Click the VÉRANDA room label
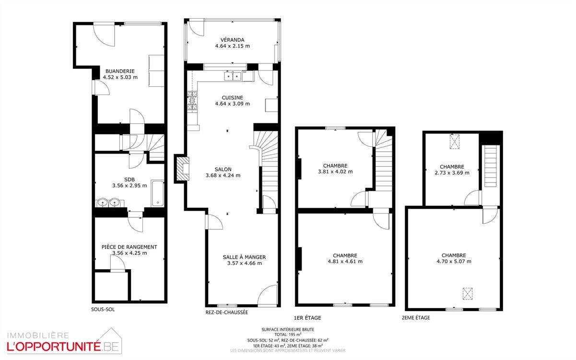click(x=232, y=40)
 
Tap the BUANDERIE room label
click(x=120, y=71)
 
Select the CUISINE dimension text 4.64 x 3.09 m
click(x=233, y=104)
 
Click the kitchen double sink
click(x=233, y=76)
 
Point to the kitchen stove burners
click(x=192, y=101)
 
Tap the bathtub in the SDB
click(x=157, y=193)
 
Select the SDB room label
click(x=129, y=180)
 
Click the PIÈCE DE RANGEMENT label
click(x=129, y=247)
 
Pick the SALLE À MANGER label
click(x=244, y=257)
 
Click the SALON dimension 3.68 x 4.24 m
click(x=223, y=176)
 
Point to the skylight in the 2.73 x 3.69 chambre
click(x=454, y=141)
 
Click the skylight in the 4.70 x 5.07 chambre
click(x=468, y=294)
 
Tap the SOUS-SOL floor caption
click(x=103, y=309)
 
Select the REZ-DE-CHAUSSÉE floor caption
click(x=227, y=312)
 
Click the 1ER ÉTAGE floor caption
click(x=307, y=318)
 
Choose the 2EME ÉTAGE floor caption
click(x=416, y=318)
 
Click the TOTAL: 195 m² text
click(x=288, y=335)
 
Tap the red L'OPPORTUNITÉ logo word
click(x=54, y=347)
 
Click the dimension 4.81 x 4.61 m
click(x=345, y=262)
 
